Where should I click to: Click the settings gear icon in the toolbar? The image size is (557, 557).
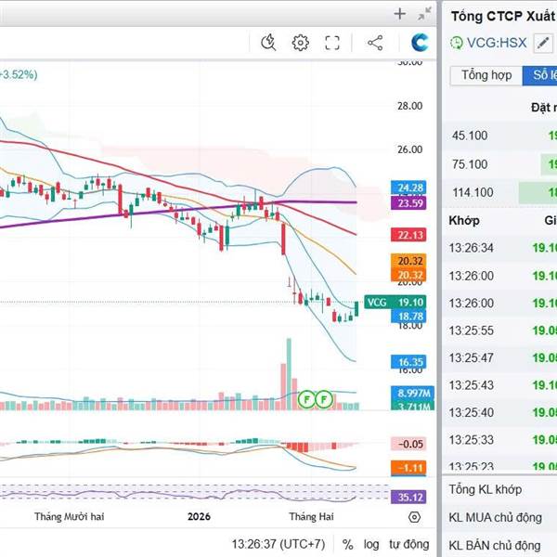[300, 42]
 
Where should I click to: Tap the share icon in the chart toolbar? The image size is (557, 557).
[375, 42]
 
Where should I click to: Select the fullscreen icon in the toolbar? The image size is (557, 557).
[332, 42]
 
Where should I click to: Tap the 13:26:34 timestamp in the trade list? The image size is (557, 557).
[472, 248]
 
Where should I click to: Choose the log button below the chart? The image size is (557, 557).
[371, 544]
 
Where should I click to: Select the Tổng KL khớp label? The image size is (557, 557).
[485, 489]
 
